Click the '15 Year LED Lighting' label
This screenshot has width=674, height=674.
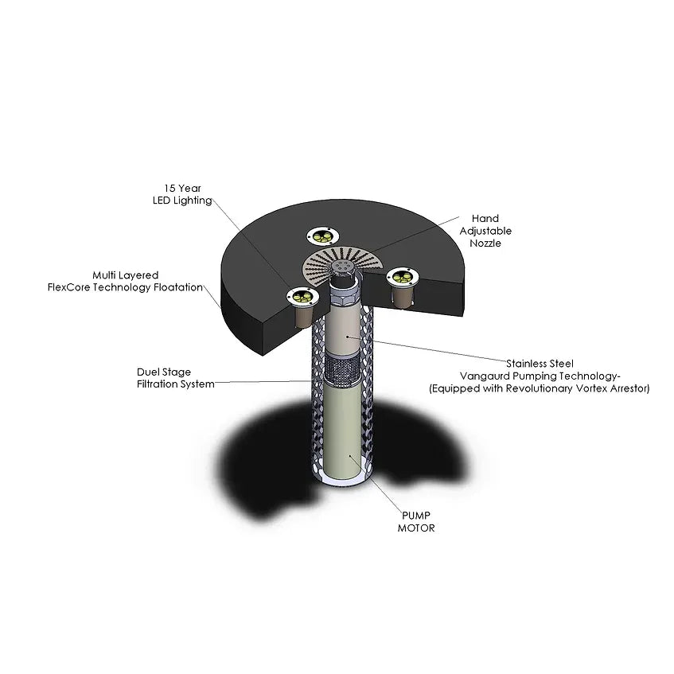coord(183,194)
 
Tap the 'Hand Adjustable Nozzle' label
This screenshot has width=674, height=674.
coord(485,231)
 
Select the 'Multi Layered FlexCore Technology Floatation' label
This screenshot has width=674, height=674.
coord(125,281)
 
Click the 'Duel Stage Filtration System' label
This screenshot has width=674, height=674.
coord(175,378)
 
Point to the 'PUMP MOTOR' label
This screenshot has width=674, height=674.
coord(416,521)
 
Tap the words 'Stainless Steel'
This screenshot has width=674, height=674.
coord(540,364)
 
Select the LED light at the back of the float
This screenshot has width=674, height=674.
coord(323,236)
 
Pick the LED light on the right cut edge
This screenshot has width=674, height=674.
coord(403,276)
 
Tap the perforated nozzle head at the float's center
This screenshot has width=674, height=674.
coord(343,266)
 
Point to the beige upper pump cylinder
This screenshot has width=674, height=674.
coord(345,329)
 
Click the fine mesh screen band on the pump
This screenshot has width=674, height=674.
coord(343,368)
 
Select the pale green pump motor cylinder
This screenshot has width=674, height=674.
coord(343,430)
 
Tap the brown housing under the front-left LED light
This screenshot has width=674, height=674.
coord(303,316)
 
